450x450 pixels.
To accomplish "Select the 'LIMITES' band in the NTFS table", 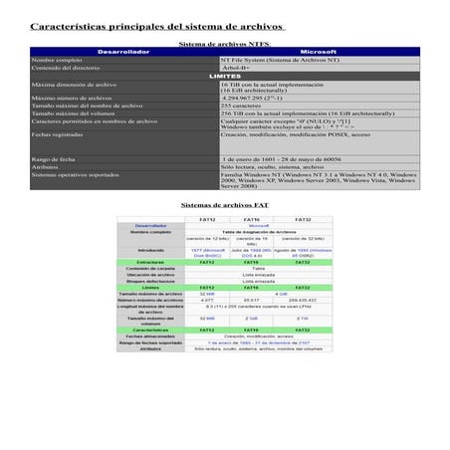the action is (224, 76).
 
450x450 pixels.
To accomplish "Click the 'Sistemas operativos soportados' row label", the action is (76, 174).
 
